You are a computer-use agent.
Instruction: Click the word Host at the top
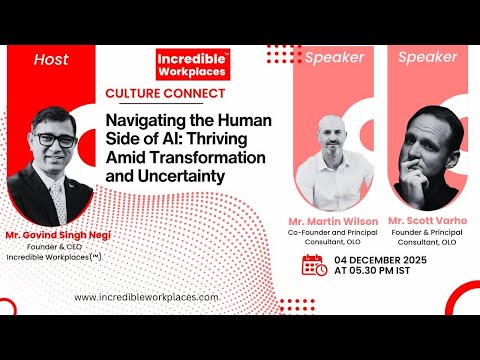point(50,59)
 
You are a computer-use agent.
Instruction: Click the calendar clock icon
point(314,266)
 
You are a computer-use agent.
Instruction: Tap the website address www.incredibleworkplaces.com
point(147,298)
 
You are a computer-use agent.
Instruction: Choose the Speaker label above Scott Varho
point(428,57)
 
